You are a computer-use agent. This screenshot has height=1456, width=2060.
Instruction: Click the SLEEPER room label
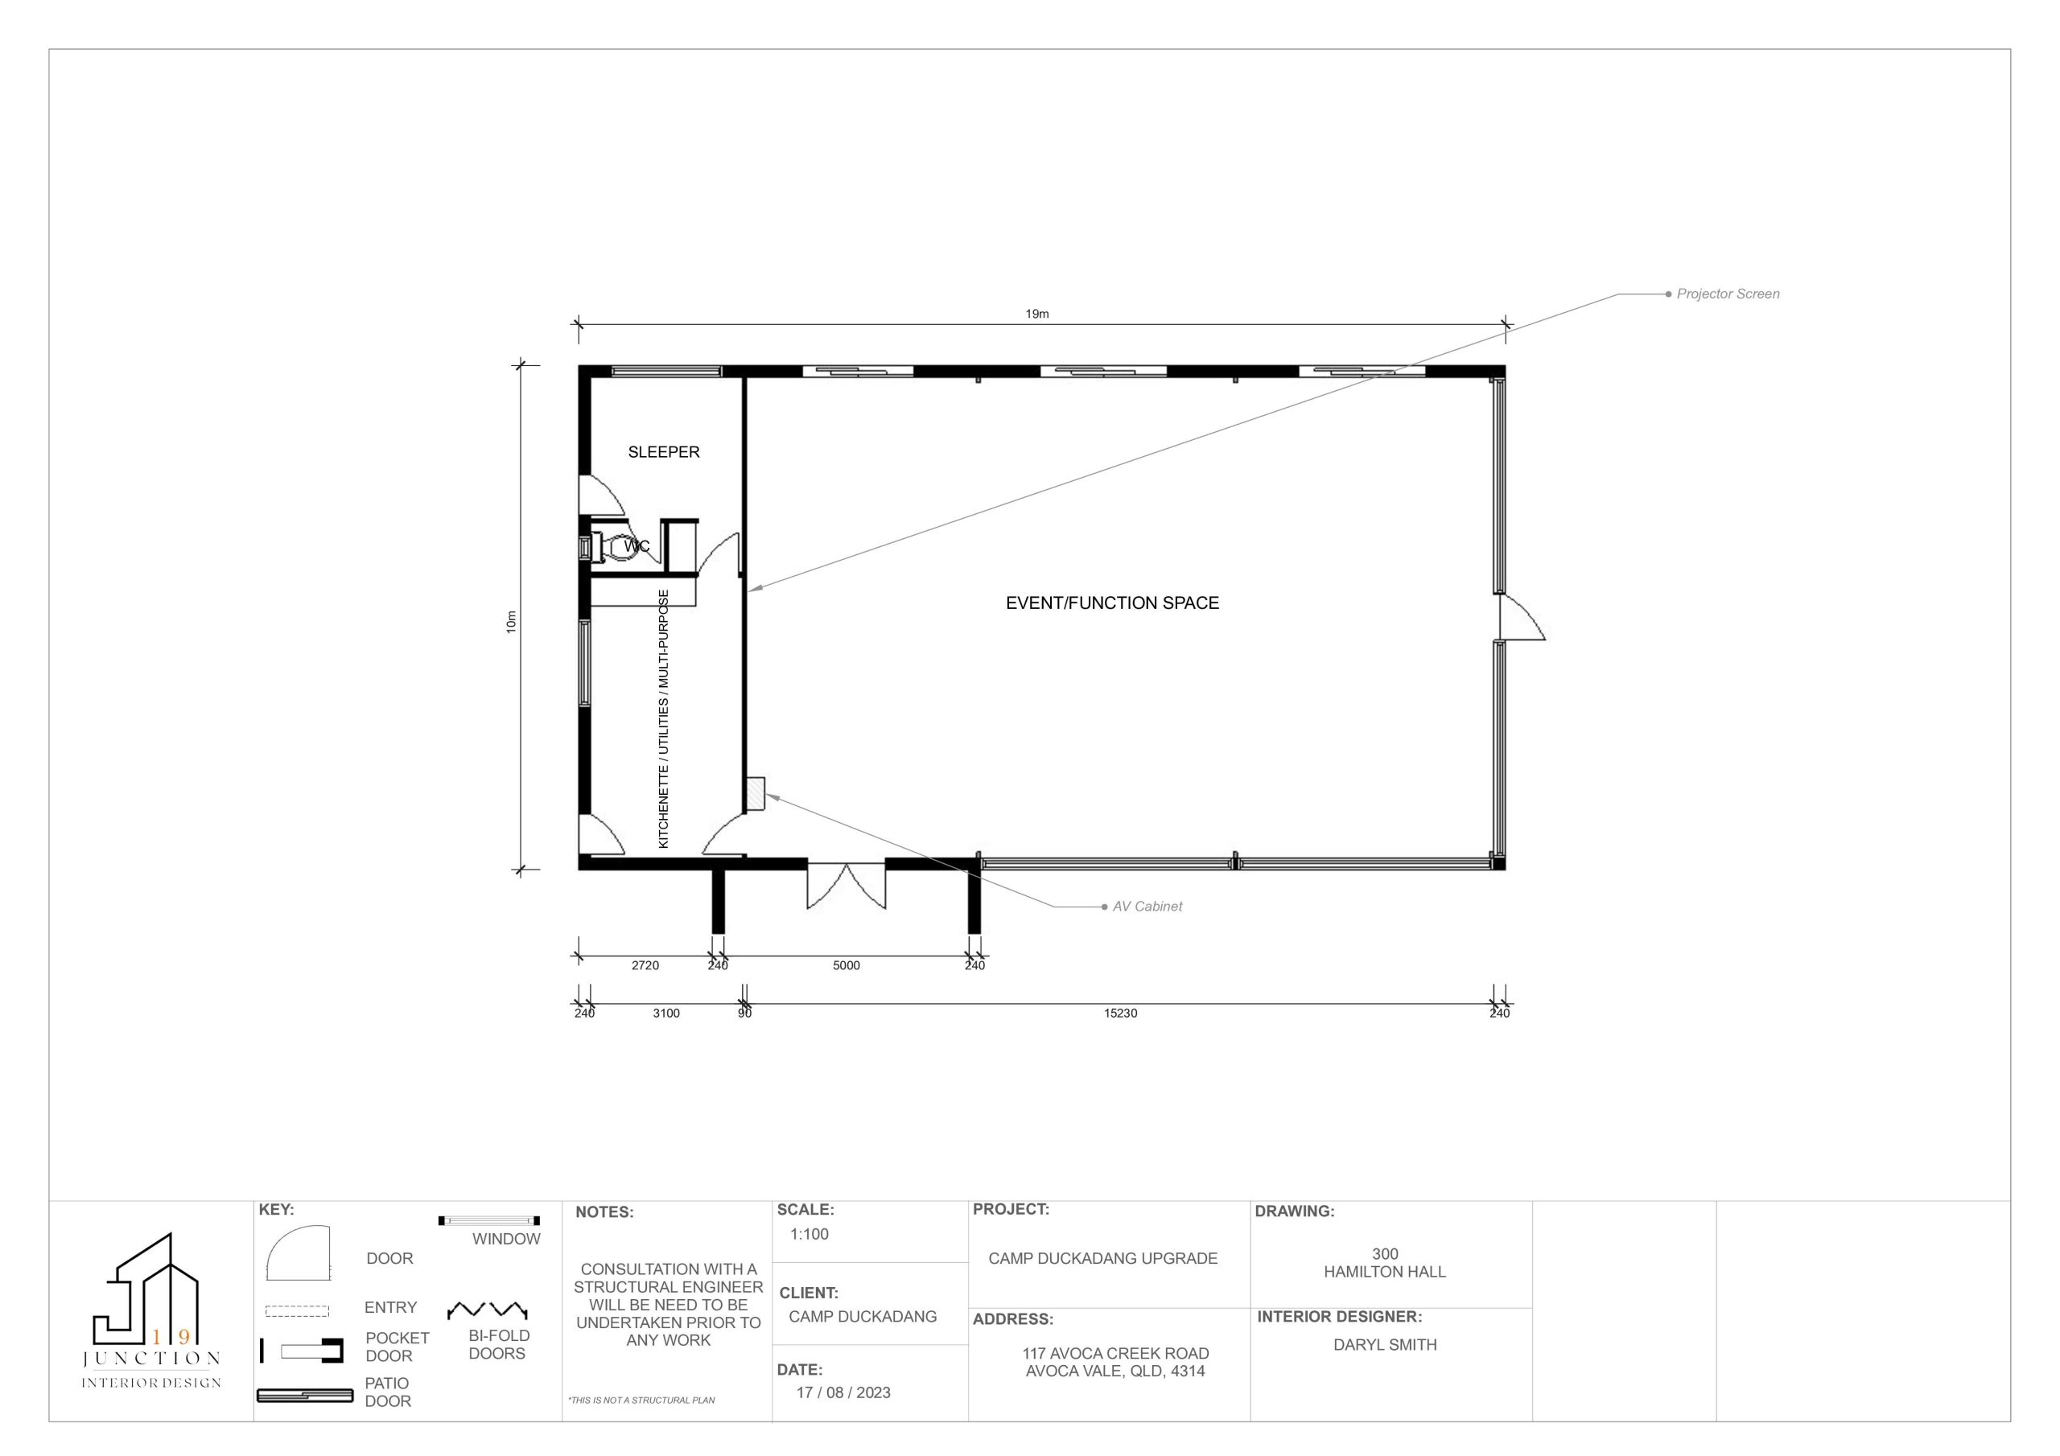[663, 452]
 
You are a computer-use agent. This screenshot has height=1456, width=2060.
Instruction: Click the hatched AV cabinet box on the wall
[755, 794]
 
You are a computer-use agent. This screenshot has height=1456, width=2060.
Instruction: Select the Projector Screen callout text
[1727, 294]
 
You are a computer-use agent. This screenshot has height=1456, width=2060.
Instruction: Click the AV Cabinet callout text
[1147, 907]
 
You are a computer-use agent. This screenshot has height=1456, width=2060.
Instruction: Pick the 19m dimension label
[1037, 314]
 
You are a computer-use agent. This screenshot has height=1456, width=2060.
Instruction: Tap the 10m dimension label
[512, 622]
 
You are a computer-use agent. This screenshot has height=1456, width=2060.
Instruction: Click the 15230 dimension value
[1121, 1013]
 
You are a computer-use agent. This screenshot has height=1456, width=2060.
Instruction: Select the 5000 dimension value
[846, 965]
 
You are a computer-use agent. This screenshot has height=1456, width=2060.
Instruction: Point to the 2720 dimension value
[645, 965]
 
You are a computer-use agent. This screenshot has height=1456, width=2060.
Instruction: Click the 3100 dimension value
[665, 1013]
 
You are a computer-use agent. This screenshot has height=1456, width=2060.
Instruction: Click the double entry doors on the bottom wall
[846, 886]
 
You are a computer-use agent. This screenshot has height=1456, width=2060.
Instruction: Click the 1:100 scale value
[810, 1235]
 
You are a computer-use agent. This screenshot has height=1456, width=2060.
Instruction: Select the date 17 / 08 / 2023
[843, 1392]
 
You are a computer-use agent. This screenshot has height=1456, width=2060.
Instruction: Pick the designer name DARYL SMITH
[1386, 1345]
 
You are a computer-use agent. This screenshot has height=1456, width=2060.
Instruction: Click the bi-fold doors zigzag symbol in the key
[487, 1310]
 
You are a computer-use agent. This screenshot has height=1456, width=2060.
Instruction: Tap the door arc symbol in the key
[299, 1252]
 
